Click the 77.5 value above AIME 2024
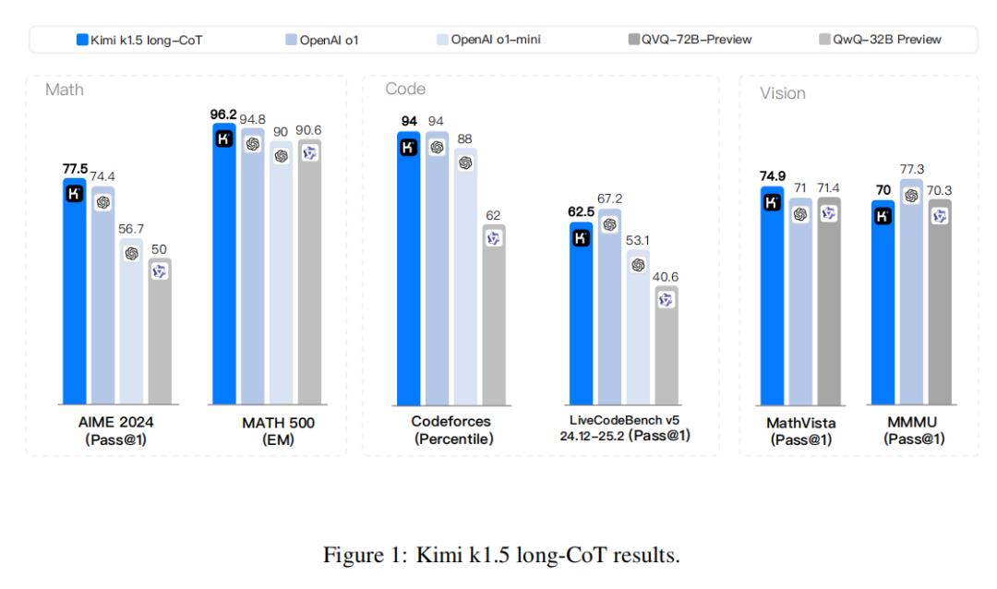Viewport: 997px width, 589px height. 76,169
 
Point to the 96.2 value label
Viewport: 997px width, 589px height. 223,114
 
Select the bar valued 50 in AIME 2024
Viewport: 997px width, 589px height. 160,332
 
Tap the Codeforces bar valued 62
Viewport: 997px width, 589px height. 494,315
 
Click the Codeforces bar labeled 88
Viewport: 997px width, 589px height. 465,277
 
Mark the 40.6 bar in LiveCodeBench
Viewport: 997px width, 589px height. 667,346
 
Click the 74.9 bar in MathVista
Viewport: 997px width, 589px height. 773,295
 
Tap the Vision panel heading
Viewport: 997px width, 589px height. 783,93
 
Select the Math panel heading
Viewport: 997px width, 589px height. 65,90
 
